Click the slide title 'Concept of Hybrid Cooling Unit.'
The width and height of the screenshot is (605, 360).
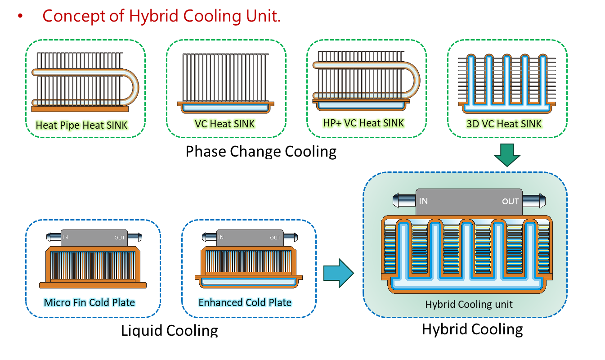tap(161, 17)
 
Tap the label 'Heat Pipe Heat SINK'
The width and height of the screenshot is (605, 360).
tap(82, 125)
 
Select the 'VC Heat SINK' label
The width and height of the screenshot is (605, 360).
tap(224, 123)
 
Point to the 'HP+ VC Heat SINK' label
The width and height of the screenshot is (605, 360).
tap(363, 122)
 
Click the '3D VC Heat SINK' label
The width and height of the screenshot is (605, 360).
tap(504, 123)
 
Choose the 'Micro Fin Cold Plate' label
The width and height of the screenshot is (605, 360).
tap(89, 302)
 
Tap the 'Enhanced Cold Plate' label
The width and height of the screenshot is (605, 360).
tap(245, 302)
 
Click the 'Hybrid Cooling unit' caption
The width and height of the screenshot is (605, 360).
tap(469, 305)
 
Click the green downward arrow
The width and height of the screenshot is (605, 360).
tap(506, 155)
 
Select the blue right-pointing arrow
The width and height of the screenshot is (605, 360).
tap(338, 273)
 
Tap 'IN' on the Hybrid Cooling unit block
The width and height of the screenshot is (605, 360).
tap(423, 201)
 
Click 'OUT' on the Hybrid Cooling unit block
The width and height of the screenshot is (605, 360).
tap(511, 202)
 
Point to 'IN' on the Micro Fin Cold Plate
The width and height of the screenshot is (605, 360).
tap(65, 237)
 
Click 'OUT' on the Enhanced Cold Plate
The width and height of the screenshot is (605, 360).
tap(275, 238)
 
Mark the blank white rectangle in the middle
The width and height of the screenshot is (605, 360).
tap(255, 166)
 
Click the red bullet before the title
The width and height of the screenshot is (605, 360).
tap(20, 17)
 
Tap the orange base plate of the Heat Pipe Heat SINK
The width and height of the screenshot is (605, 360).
tap(80, 108)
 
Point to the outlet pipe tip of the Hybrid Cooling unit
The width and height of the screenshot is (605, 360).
tap(542, 201)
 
